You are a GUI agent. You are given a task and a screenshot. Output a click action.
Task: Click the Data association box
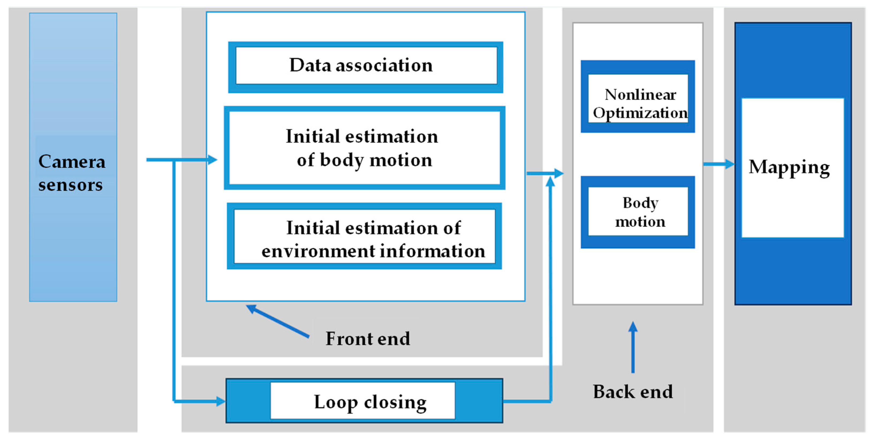(366, 66)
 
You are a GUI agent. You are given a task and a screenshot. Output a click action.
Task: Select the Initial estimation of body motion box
(364, 148)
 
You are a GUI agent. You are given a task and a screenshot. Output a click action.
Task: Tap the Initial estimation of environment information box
(364, 236)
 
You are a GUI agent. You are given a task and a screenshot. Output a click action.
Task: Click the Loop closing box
(364, 401)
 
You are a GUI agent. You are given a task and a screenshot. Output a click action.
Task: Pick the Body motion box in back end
(638, 212)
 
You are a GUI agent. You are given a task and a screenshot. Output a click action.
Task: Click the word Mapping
(789, 167)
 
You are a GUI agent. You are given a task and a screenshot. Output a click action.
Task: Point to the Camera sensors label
(72, 173)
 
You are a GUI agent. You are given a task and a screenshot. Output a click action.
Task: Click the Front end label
(368, 338)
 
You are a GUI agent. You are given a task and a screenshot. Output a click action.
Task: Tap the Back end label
(632, 392)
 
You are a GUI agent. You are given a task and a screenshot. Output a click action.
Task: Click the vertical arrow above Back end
(632, 348)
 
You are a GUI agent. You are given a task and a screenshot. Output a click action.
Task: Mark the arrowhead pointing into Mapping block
(730, 164)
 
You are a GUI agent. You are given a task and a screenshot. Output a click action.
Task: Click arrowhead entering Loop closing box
(221, 401)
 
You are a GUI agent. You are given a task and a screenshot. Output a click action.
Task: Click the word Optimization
(640, 113)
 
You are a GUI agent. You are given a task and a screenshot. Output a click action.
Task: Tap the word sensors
(70, 185)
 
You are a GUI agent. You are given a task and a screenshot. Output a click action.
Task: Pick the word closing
(395, 402)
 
